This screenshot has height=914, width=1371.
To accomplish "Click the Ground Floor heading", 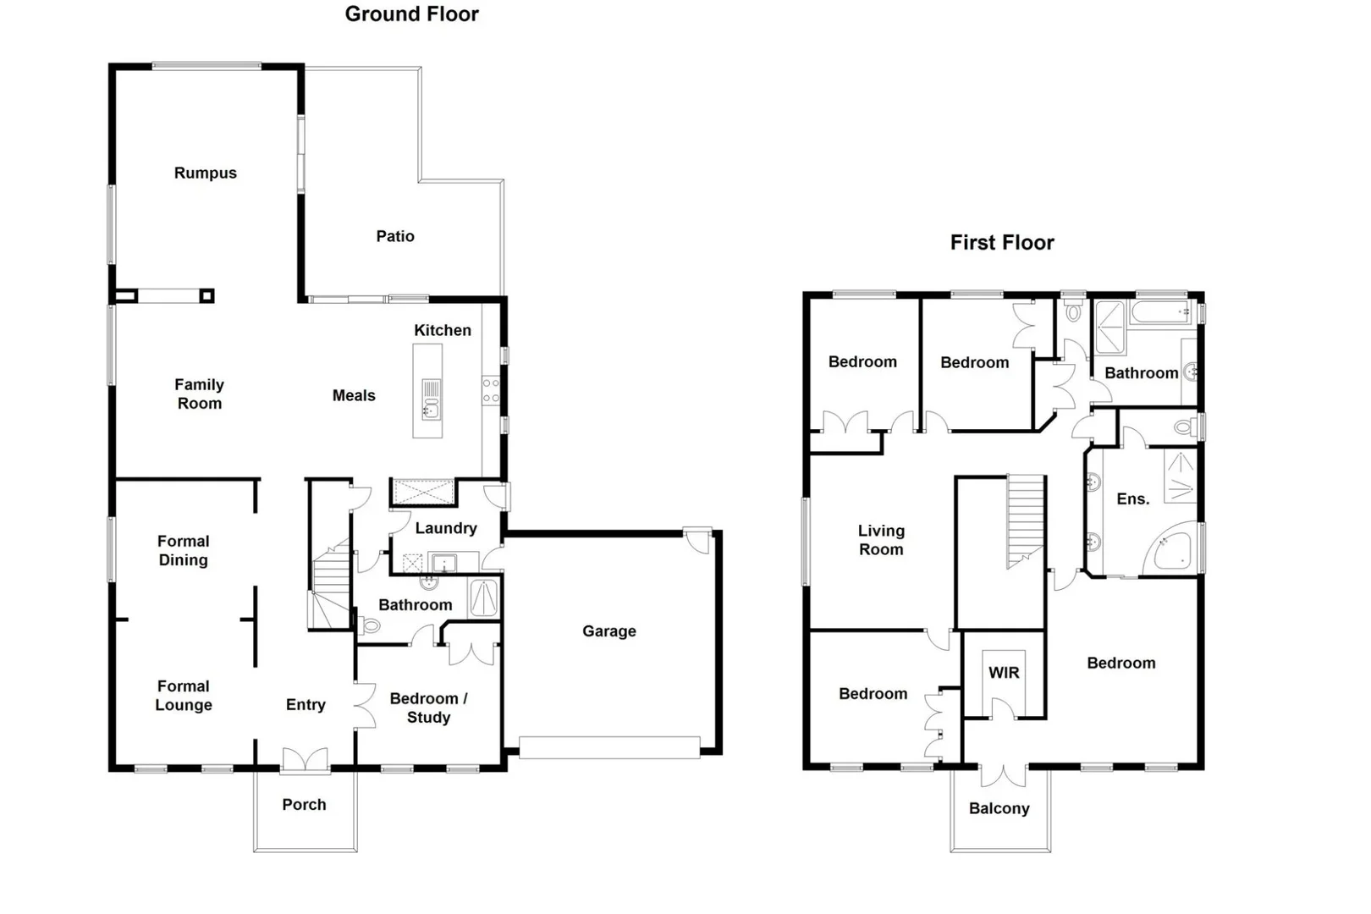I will click(411, 14).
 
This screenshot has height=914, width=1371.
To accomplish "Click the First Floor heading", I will click(1001, 243).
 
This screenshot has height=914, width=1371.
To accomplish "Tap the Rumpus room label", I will click(205, 173).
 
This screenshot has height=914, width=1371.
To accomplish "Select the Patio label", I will click(395, 236).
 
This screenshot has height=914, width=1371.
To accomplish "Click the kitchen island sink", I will click(431, 410).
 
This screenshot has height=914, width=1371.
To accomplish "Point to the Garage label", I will click(608, 631).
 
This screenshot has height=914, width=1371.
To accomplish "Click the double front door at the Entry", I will click(305, 760).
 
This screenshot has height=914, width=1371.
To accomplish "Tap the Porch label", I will click(304, 805).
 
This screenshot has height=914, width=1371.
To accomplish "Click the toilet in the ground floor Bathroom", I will click(370, 626).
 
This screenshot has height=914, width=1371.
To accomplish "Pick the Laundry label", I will click(445, 528).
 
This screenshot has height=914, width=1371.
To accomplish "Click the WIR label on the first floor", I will click(1004, 673).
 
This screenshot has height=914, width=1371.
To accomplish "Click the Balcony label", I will click(999, 808).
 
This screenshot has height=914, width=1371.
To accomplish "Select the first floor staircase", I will click(1026, 520).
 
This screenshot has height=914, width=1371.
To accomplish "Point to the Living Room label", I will click(881, 540).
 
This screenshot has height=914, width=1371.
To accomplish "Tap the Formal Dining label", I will click(183, 550).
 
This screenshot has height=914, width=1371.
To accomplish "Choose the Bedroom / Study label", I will click(428, 708).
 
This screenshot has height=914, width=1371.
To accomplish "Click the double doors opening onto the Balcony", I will click(1003, 774).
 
